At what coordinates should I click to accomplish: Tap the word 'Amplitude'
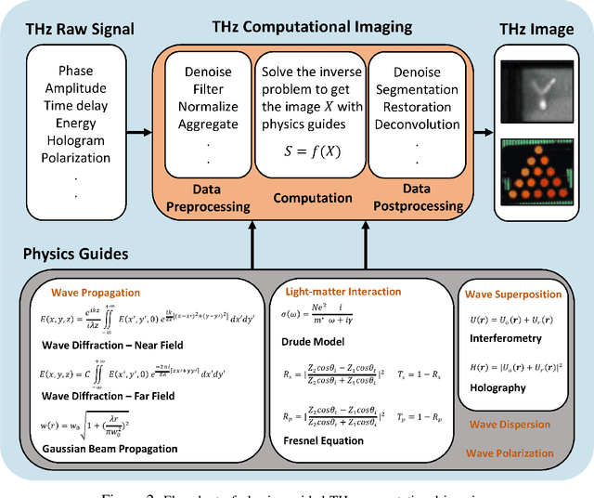click(76, 88)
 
